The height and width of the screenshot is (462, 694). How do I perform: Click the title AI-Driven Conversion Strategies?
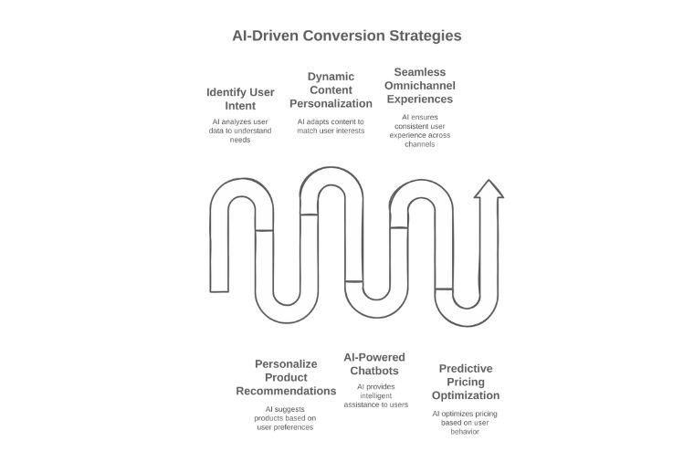coord(347,36)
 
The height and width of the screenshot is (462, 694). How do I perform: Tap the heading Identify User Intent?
coord(240,100)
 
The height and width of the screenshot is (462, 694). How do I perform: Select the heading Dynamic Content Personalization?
coord(331,89)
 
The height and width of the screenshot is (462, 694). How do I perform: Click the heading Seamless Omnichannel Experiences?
coord(419,86)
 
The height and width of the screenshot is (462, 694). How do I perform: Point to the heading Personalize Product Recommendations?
coord(286,377)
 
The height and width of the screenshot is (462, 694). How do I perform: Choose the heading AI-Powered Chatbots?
coord(374,363)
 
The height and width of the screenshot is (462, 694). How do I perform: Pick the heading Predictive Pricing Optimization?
coord(466,382)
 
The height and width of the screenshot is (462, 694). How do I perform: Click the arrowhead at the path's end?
coord(489,189)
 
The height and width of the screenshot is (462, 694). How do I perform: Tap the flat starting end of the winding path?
coord(219,291)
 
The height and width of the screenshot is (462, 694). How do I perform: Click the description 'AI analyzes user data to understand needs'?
coord(240,131)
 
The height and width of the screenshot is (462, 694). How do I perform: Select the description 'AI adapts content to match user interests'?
coord(331,126)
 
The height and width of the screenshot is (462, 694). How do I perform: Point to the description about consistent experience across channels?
coord(419,131)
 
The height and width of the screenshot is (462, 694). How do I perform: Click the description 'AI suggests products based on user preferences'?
coord(285,418)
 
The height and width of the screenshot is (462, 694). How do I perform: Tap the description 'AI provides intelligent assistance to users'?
coord(376,395)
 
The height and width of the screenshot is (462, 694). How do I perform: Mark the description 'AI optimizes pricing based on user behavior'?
coord(465,423)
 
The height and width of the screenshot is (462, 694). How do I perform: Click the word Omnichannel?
coord(419,86)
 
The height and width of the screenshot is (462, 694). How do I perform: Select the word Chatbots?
coord(374,371)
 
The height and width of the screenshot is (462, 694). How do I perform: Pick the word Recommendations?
coord(286,391)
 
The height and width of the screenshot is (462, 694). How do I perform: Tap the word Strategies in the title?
coord(426,36)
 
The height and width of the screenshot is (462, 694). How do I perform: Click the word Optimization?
coord(466,395)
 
